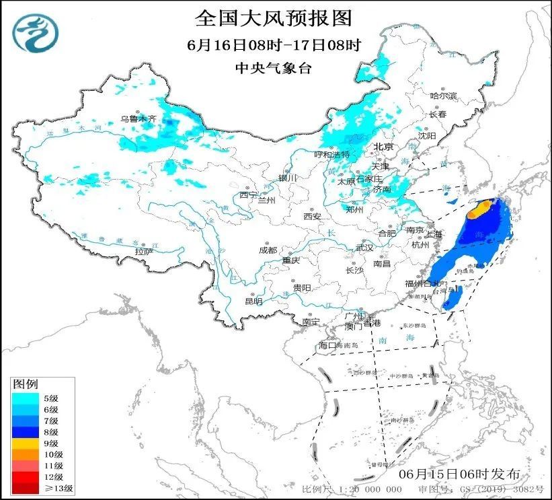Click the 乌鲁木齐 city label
coord(138,118)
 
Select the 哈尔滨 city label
coord(443,96)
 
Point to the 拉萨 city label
coord(144,252)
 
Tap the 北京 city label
coord(383,147)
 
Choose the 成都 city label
coord(268,250)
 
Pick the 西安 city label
coord(313,217)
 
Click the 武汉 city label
coord(364,248)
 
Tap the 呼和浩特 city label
coord(332,155)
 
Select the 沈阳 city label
coord(427,135)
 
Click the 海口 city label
coord(327,345)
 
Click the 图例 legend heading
coord(26,384)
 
